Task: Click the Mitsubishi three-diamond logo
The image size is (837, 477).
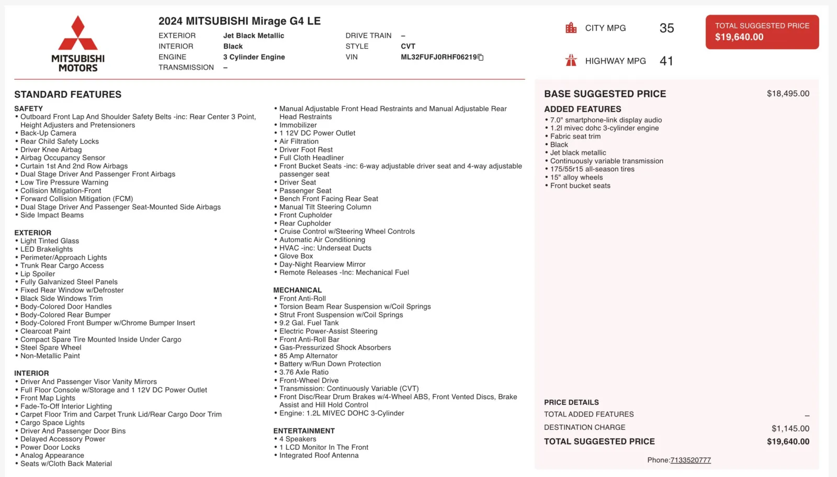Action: click(78, 34)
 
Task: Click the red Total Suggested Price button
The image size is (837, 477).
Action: click(762, 32)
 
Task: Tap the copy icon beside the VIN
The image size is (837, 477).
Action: click(481, 58)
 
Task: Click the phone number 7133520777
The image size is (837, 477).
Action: click(691, 460)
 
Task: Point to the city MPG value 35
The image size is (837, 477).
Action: click(666, 28)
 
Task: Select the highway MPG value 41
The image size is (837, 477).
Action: click(666, 61)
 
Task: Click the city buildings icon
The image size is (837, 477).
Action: click(571, 28)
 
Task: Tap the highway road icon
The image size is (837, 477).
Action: click(571, 61)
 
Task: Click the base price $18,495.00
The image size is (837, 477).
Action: click(788, 94)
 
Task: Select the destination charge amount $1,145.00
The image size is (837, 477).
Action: click(790, 428)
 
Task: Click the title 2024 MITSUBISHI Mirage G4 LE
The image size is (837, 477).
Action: click(240, 21)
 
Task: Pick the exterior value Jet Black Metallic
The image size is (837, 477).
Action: click(254, 36)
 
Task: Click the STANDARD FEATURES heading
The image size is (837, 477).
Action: click(68, 95)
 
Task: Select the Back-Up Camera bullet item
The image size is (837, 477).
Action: click(48, 133)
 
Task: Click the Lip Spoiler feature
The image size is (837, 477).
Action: click(38, 274)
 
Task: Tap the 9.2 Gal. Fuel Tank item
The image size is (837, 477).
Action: click(309, 323)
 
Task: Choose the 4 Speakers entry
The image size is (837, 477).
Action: click(298, 439)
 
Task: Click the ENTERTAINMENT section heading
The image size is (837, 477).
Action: click(304, 431)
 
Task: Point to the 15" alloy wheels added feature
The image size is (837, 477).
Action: click(576, 177)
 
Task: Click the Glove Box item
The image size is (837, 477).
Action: click(296, 256)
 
